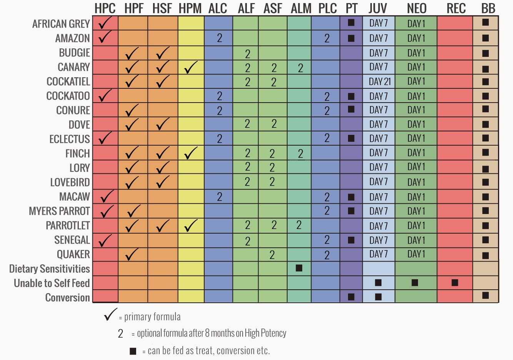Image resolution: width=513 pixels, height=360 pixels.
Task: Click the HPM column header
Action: pos(190,8)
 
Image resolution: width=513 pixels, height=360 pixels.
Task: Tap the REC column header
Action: pos(456,8)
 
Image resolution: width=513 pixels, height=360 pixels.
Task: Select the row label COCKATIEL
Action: pos(68,82)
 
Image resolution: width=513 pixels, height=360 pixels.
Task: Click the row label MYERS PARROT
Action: pos(59,211)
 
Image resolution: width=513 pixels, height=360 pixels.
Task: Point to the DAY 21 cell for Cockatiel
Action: pos(379,81)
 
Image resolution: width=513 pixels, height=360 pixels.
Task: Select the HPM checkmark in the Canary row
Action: pos(191,68)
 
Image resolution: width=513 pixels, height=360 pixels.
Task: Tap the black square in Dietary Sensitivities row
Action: pos(299,268)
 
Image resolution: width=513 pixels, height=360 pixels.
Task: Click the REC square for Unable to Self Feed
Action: pos(455,283)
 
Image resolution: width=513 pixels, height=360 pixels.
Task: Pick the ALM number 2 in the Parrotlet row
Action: pos(299,225)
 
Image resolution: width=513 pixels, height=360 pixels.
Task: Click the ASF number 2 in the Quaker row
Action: pos(272,255)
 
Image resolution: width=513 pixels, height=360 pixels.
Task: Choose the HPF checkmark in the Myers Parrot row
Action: pos(133,211)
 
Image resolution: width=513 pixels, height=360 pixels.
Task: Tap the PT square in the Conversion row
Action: pos(351,297)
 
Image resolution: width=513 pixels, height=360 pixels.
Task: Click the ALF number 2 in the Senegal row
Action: pos(248,241)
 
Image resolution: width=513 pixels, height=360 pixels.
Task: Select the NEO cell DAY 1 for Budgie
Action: pos(416,53)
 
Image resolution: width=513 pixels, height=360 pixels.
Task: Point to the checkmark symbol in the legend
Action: pos(110,315)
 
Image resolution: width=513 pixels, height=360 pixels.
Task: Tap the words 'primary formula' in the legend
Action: pos(152,317)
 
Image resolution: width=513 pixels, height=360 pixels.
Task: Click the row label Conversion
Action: pos(67,298)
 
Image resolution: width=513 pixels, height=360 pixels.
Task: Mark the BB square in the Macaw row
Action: pos(485,197)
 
